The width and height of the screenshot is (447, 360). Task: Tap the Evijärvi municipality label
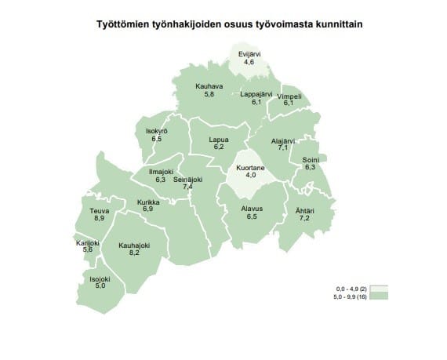(251, 53)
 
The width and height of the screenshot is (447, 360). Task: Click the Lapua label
(218, 140)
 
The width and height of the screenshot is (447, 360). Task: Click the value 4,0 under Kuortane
(251, 175)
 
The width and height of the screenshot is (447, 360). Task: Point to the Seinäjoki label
(188, 179)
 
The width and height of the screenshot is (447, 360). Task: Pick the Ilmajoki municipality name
(161, 172)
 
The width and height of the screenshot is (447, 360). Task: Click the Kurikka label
(148, 202)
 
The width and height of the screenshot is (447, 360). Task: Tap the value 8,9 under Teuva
(99, 217)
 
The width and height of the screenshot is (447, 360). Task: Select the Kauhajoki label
(134, 245)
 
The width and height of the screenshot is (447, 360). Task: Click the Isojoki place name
(99, 278)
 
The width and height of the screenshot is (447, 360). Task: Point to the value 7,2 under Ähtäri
(305, 216)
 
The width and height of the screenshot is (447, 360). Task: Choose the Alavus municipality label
(251, 209)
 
